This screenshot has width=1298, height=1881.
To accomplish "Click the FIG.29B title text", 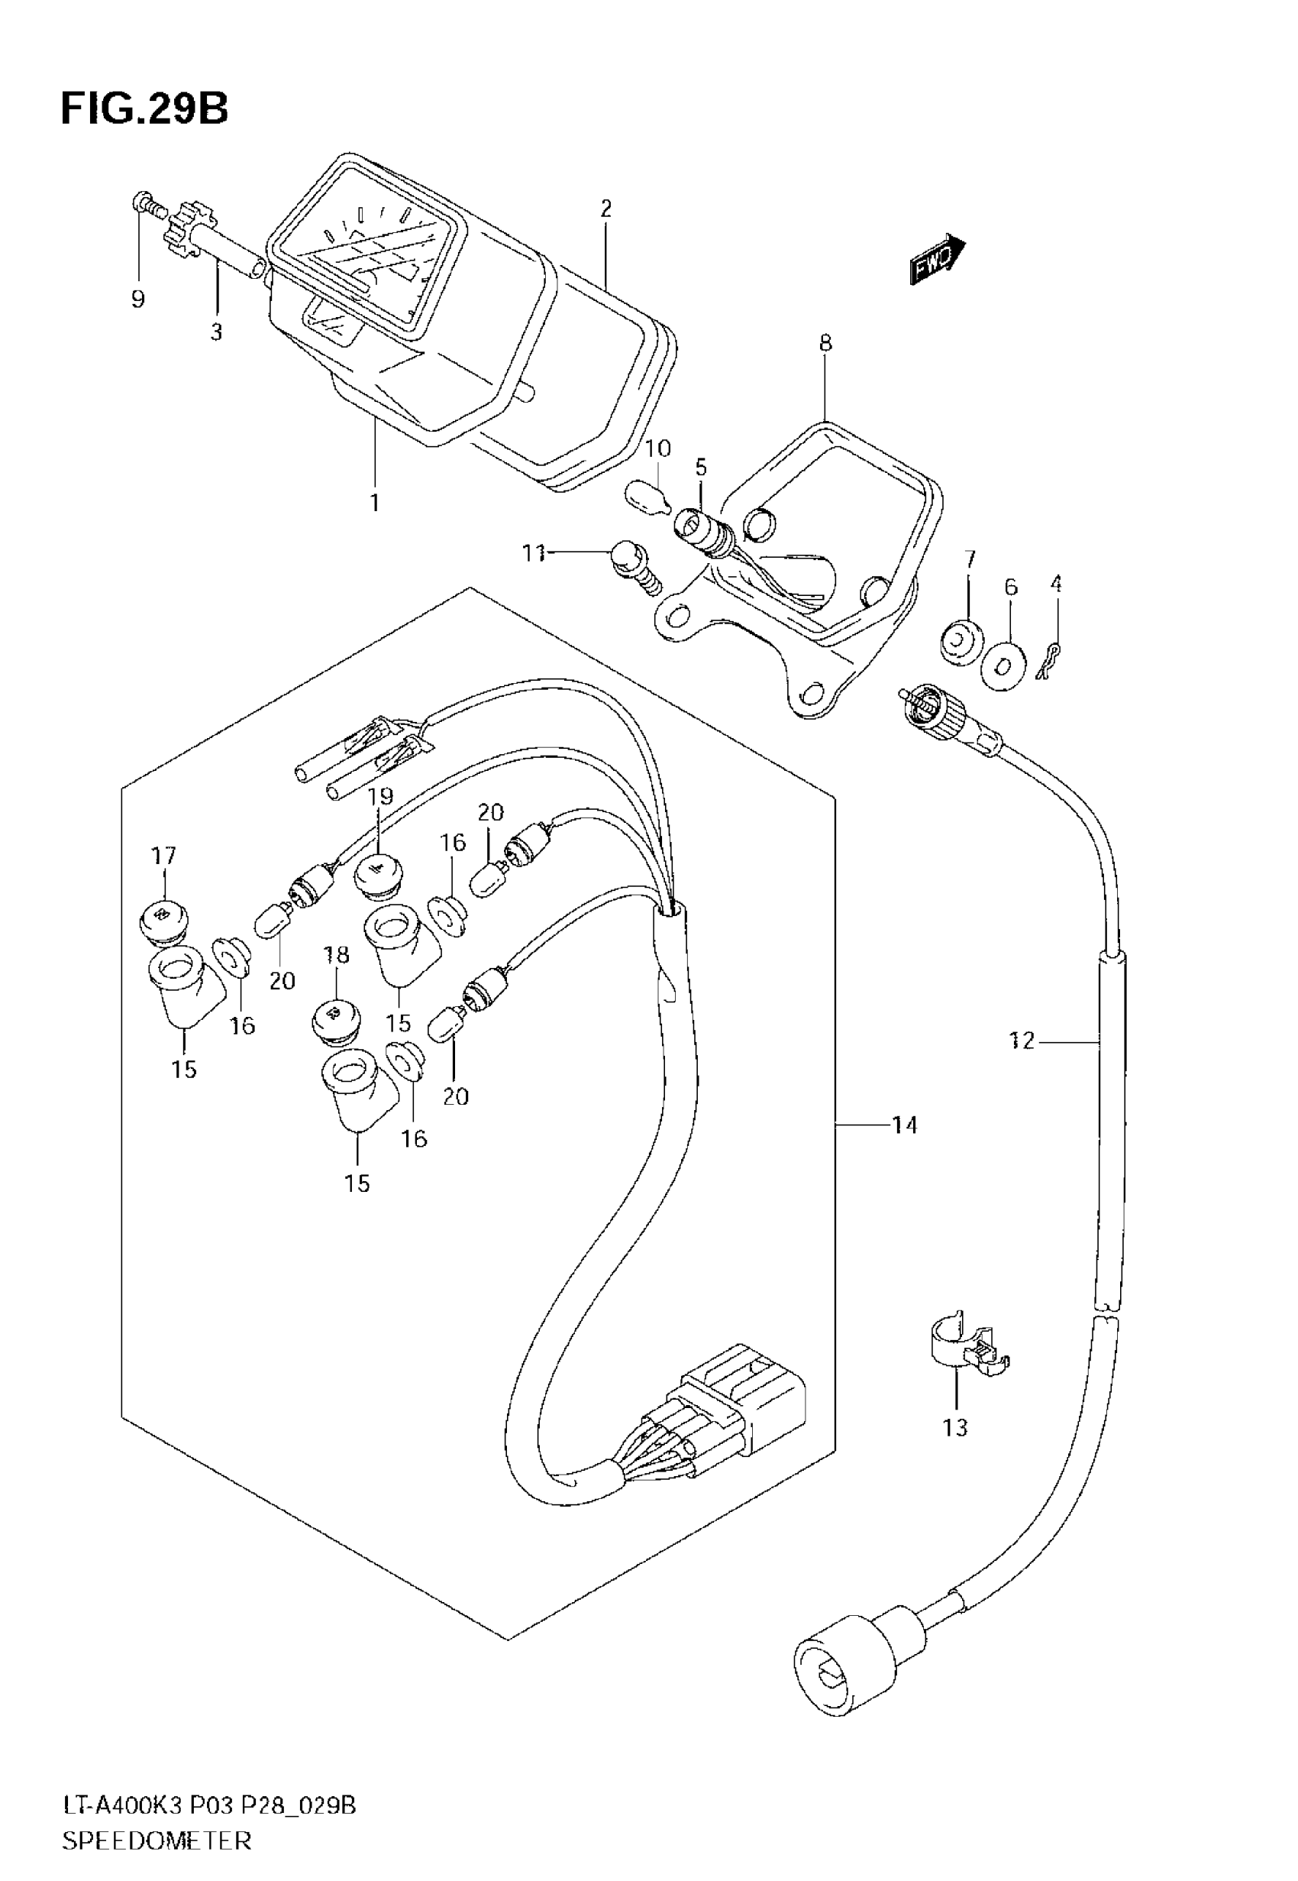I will tap(144, 109).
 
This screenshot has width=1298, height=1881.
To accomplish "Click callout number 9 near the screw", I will tap(137, 299).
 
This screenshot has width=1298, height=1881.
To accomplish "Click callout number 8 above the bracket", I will tap(825, 342).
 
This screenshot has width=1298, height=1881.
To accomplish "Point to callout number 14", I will tap(903, 1125).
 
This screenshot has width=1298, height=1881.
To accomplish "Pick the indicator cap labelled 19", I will tap(377, 875).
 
